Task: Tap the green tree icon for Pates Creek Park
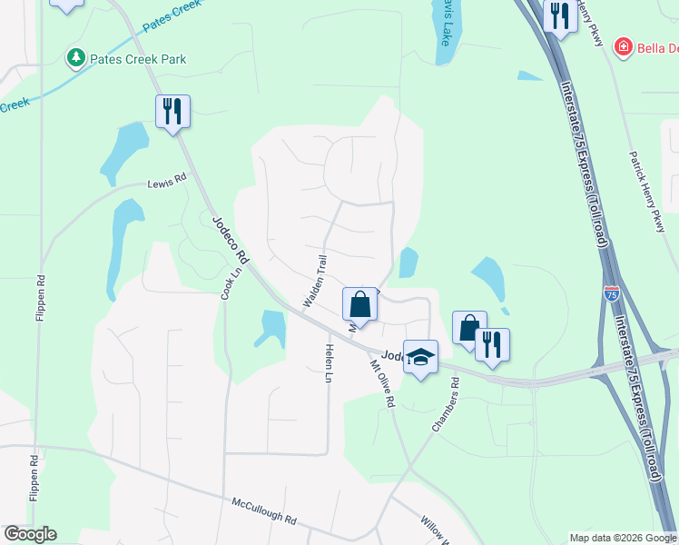[76, 59]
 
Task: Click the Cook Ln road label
[231, 282]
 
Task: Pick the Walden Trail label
[313, 280]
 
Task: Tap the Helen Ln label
[329, 363]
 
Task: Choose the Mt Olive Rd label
[382, 383]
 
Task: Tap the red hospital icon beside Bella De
[622, 46]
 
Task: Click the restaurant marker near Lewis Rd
[172, 112]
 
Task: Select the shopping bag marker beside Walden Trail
[359, 304]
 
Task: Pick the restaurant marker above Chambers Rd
[492, 344]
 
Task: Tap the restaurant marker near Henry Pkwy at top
[560, 15]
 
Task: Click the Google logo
[30, 534]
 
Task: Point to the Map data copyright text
[623, 538]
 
